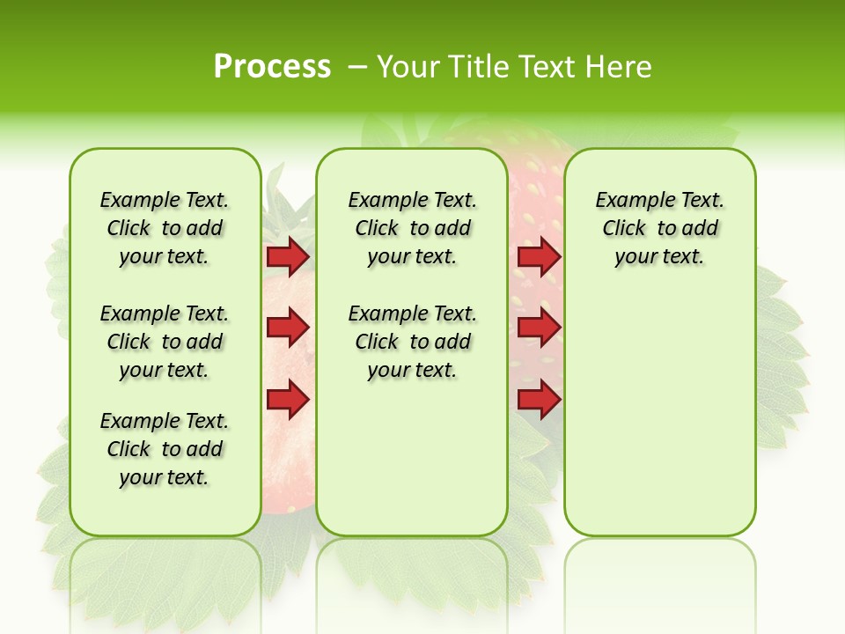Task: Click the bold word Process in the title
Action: [x=272, y=67]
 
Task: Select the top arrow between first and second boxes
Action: [x=288, y=256]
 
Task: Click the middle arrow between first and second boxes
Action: [x=288, y=328]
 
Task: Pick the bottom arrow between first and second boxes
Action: [x=288, y=400]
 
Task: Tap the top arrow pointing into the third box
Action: [x=539, y=256]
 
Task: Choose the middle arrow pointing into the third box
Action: [x=539, y=328]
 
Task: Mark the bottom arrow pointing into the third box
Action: [x=539, y=400]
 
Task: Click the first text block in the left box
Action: [x=165, y=228]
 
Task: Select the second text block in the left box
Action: [x=165, y=342]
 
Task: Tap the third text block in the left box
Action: [x=165, y=449]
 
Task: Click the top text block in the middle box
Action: [x=412, y=228]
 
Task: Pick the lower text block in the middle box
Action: [x=412, y=342]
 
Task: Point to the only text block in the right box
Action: [x=659, y=228]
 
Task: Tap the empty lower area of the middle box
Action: [x=412, y=458]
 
